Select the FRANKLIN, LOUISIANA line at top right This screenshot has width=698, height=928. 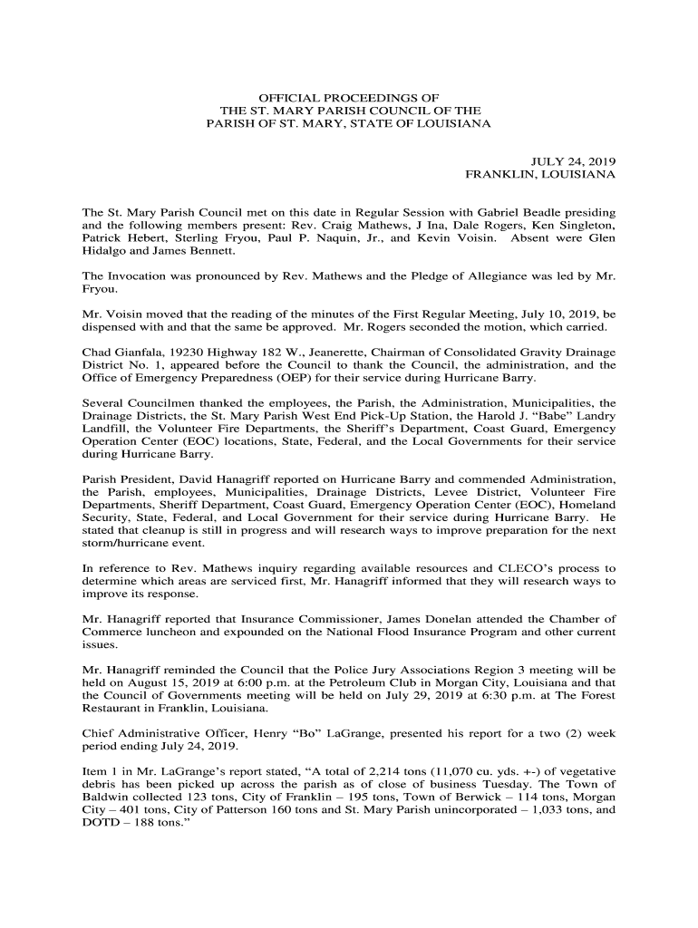click(540, 173)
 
